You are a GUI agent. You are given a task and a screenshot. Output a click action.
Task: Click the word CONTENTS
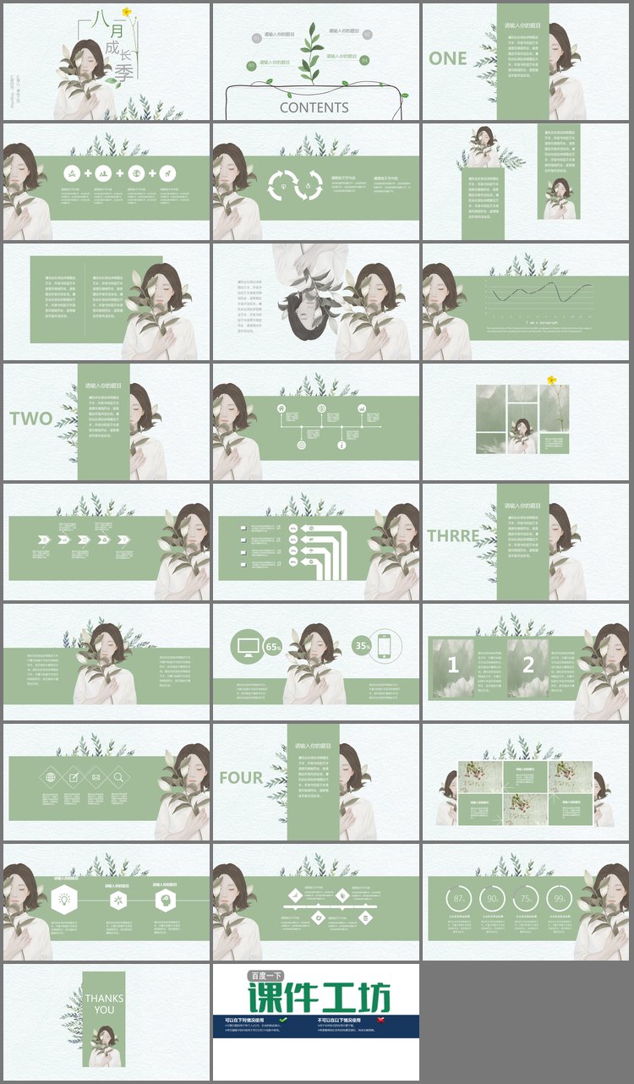click(314, 107)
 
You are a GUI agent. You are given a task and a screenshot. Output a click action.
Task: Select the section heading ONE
click(448, 58)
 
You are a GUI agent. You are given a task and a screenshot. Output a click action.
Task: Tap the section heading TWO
click(31, 419)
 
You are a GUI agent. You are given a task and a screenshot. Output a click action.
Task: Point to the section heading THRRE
click(453, 536)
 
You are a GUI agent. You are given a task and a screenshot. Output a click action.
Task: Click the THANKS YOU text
click(104, 1004)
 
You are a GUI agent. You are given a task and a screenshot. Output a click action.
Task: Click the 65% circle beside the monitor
click(273, 647)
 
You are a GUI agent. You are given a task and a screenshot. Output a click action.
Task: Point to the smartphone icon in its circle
click(385, 645)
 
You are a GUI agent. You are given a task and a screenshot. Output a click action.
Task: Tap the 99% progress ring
click(560, 899)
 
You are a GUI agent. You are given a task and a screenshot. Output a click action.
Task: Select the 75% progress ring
click(527, 899)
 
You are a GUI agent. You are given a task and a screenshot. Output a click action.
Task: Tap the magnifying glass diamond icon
click(118, 778)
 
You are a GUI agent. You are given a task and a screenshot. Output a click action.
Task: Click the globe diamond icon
click(50, 778)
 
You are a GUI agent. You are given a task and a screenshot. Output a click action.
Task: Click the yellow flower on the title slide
click(127, 12)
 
